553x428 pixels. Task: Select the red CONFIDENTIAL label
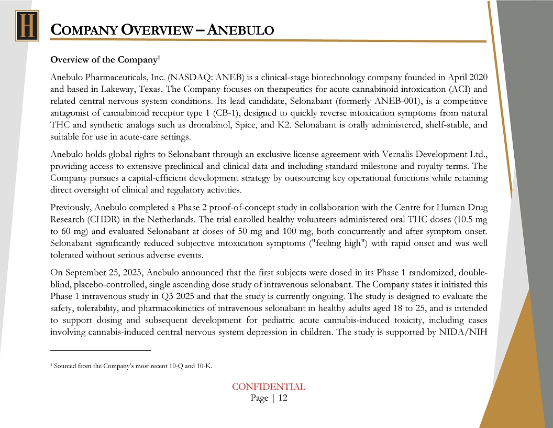(269, 387)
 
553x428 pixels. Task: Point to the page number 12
(283, 398)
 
